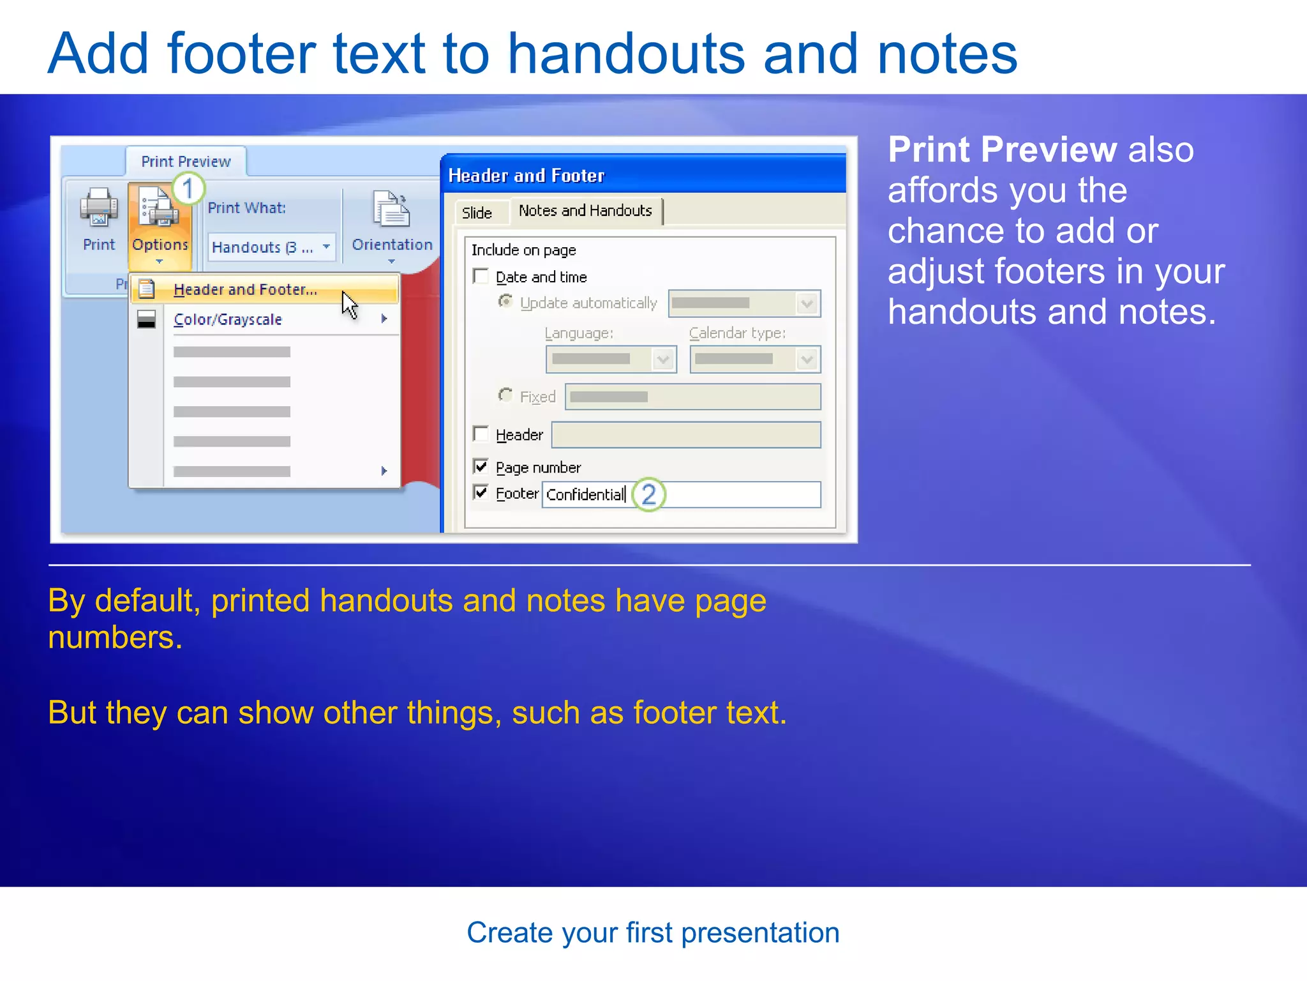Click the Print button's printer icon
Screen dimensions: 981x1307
click(x=98, y=208)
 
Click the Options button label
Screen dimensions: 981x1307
click(x=160, y=245)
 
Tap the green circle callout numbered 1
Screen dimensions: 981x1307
click(x=188, y=189)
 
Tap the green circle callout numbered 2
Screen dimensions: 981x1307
click(x=649, y=494)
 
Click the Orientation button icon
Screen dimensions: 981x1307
click(x=391, y=209)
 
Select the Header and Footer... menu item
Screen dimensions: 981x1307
click(x=245, y=290)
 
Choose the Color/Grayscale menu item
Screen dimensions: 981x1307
click(x=227, y=319)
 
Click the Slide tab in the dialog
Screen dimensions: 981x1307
click(x=477, y=213)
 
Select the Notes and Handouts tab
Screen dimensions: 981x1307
click(x=585, y=211)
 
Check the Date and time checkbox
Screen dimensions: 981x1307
click(x=481, y=277)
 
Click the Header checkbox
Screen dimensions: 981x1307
click(x=481, y=434)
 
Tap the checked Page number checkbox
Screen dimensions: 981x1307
click(x=481, y=467)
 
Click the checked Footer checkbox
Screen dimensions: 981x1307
click(x=481, y=493)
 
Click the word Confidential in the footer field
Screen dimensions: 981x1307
click(x=585, y=495)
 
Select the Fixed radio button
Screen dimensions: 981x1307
click(x=505, y=396)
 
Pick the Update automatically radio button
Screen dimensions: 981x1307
click(x=505, y=301)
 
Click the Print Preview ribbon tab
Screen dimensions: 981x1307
click(x=186, y=162)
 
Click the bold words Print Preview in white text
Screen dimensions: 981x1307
click(x=1002, y=150)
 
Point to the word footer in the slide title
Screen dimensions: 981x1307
click(x=241, y=54)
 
